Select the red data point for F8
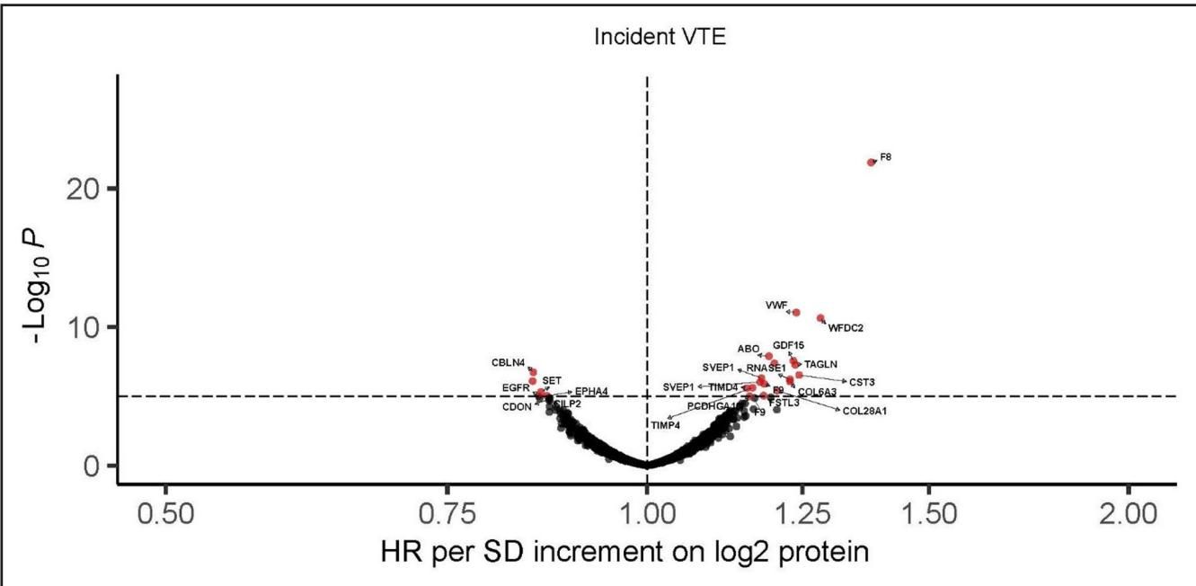[871, 162]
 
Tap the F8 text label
[885, 157]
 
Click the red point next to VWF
[796, 313]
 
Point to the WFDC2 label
[846, 328]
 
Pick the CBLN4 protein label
[508, 362]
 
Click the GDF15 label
[788, 345]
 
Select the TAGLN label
[820, 364]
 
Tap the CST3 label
[862, 382]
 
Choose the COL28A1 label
[864, 411]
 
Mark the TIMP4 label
[666, 424]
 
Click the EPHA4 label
[591, 391]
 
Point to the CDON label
[517, 407]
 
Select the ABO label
[749, 349]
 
